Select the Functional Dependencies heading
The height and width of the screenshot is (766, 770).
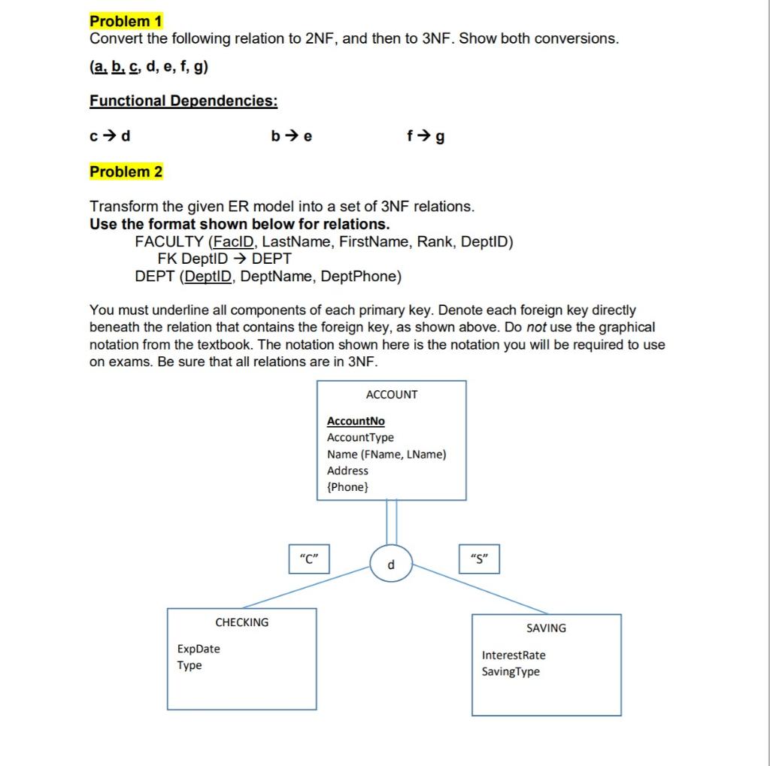pos(183,100)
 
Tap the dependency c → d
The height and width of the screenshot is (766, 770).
pos(110,136)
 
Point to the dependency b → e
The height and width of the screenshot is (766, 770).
pos(292,136)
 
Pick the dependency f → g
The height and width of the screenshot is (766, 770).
pos(425,137)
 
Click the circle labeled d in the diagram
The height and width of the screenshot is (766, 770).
pos(391,565)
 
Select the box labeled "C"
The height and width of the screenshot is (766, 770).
pos(309,559)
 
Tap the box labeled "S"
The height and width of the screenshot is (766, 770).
pos(478,559)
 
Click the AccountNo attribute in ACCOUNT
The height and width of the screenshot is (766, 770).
pos(356,421)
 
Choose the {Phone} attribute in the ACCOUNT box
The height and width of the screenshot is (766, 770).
pos(348,487)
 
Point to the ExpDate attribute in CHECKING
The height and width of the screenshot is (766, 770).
pos(199,649)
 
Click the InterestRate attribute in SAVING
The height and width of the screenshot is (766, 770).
pos(514,655)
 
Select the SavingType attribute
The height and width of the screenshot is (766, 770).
pos(511,671)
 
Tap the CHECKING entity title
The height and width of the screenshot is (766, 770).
pos(241,622)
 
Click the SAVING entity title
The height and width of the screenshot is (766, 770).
pos(546,628)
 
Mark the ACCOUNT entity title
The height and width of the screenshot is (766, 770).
pos(391,395)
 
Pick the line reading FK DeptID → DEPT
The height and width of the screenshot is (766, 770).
pos(225,259)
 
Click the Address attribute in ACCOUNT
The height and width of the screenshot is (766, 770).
pos(347,471)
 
